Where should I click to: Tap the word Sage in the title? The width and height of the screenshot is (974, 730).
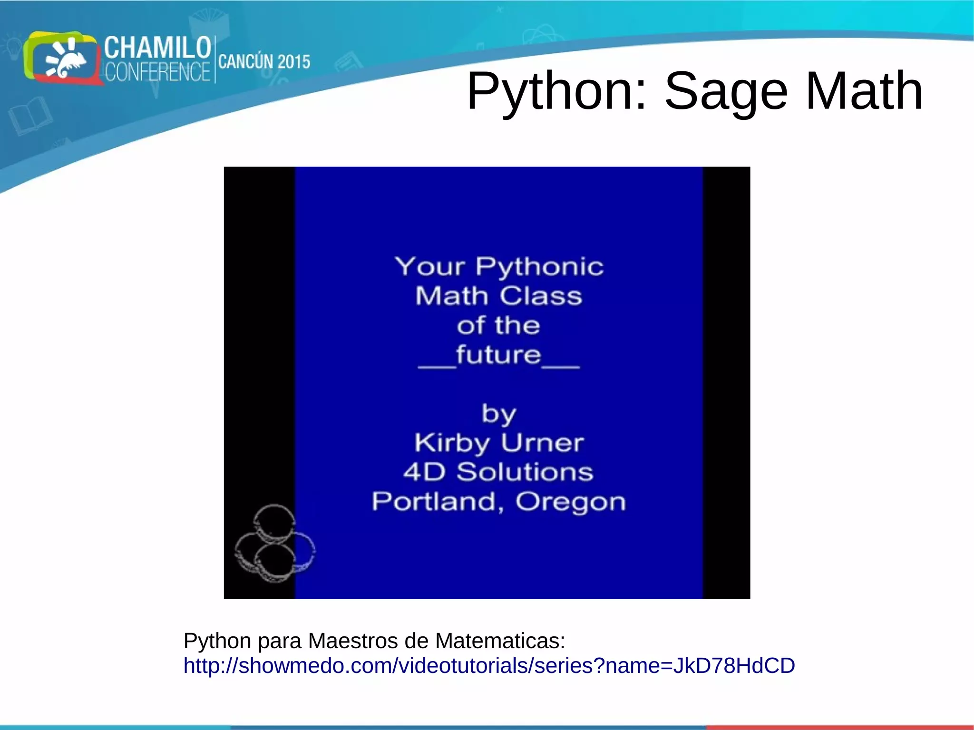coord(726,91)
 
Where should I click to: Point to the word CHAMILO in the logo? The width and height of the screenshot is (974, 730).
coord(157,48)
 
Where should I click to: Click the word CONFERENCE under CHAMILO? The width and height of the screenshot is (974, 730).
coord(157,72)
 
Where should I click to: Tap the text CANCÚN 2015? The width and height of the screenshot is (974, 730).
coord(264,62)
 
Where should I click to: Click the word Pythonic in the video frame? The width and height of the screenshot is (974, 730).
coord(539,266)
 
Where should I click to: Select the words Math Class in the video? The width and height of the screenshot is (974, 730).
coord(498,296)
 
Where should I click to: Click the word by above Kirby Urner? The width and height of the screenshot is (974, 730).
coord(498,414)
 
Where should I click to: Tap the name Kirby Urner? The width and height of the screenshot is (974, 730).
coord(498,443)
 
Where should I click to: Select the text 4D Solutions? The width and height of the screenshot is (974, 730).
coord(498,472)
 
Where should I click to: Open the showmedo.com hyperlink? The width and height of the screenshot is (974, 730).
coord(489,666)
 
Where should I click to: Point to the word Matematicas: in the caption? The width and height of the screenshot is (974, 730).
coord(500,641)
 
